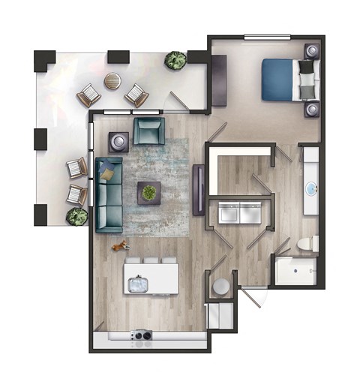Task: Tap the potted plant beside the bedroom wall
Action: pyautogui.click(x=176, y=61)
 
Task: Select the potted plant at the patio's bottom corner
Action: pyautogui.click(x=76, y=217)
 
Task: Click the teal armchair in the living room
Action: pyautogui.click(x=149, y=132)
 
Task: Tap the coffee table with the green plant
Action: pyautogui.click(x=149, y=193)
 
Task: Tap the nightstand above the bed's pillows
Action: pyautogui.click(x=311, y=52)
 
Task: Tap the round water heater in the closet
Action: pyautogui.click(x=220, y=287)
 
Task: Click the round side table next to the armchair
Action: pyautogui.click(x=118, y=140)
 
